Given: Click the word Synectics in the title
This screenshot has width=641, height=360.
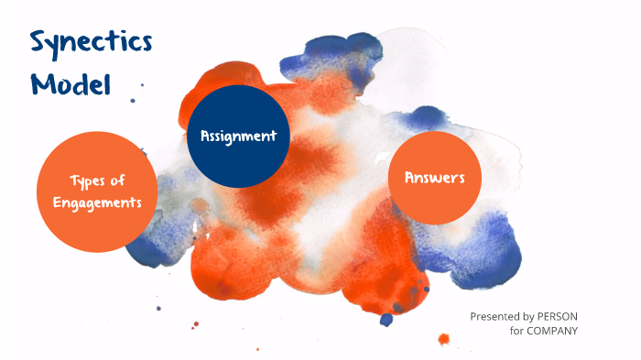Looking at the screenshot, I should pos(91,43).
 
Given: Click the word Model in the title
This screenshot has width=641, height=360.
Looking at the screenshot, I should pos(70,84).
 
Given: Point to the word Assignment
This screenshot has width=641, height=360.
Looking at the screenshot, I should pos(238,136).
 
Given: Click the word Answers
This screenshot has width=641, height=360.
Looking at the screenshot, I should pos(435,178).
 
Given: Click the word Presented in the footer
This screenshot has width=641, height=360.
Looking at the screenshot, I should pos(495,315).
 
